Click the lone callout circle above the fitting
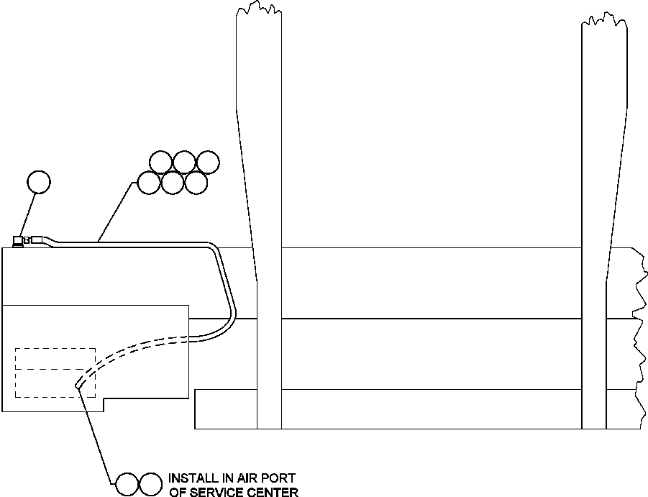coord(39,182)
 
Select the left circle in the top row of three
coord(160,163)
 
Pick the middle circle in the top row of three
coord(183,163)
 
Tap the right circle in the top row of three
coord(207,163)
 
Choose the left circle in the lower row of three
coord(148,183)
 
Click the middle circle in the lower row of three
coord(172,183)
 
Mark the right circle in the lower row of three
coord(196,183)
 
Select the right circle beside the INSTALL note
coord(150,484)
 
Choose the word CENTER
coord(277,492)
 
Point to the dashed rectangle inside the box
coord(55,372)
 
